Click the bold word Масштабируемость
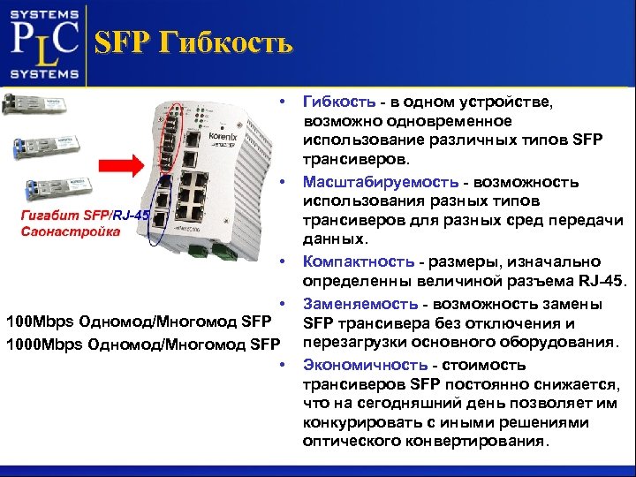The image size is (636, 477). tap(380, 182)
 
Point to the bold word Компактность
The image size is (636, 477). tap(358, 261)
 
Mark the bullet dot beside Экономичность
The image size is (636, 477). tap(282, 365)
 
